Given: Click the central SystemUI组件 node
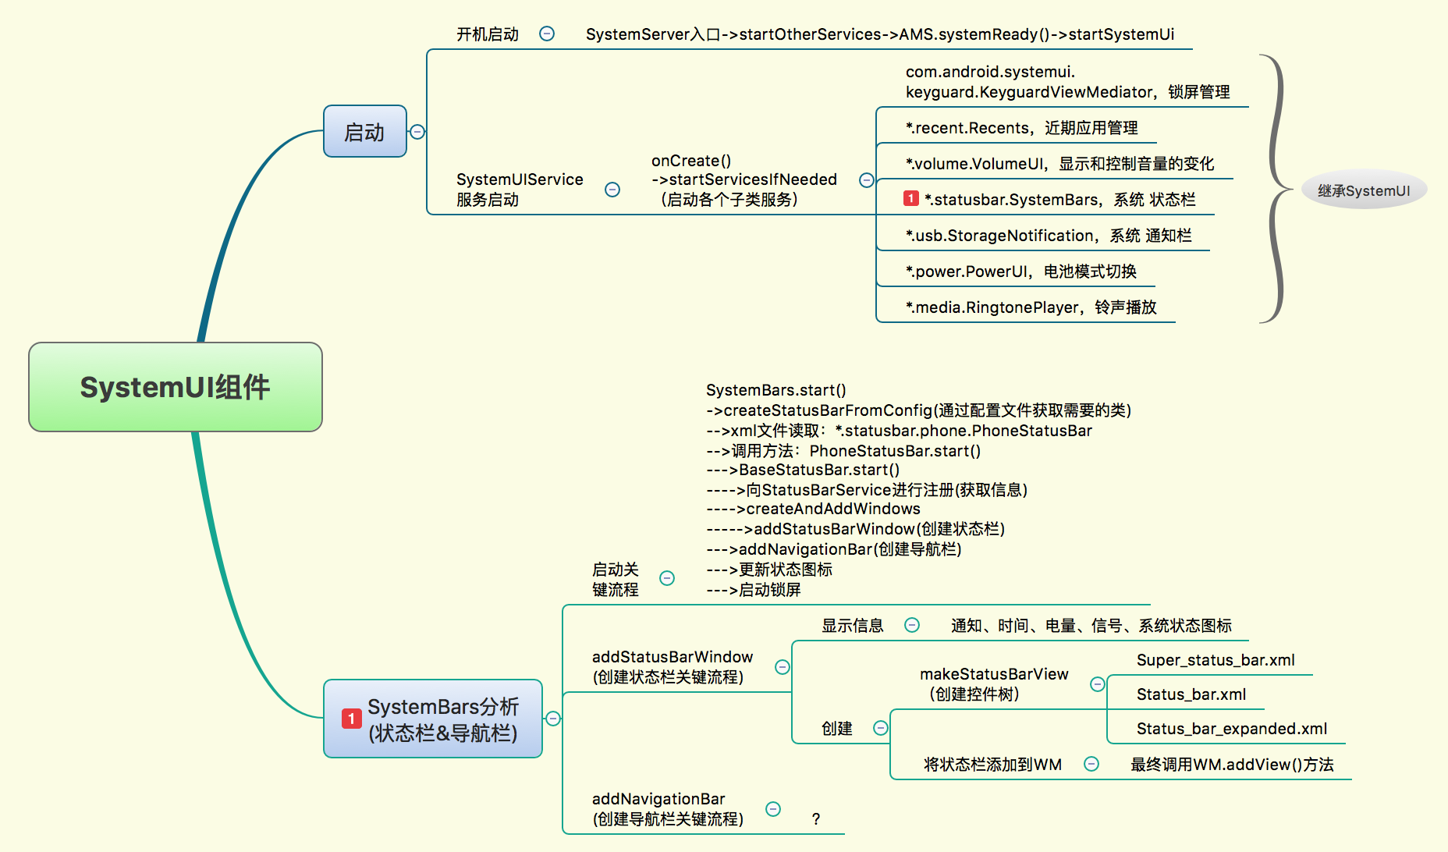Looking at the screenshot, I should pyautogui.click(x=176, y=387).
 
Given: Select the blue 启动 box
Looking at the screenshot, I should pyautogui.click(x=364, y=132).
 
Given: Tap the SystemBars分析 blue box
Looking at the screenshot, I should pyautogui.click(x=433, y=719).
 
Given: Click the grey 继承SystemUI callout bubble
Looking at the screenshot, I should pyautogui.click(x=1364, y=190).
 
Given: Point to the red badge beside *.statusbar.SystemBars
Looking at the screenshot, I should pyautogui.click(x=910, y=199).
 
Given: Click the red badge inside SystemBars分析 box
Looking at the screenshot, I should pyautogui.click(x=351, y=719).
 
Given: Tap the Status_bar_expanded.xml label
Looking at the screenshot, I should pyautogui.click(x=1231, y=729).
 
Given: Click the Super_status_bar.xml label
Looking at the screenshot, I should pyautogui.click(x=1216, y=660).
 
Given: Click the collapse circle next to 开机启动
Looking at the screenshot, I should pyautogui.click(x=547, y=34).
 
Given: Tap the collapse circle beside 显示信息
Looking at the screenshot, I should pyautogui.click(x=912, y=625).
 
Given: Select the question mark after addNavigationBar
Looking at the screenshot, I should pyautogui.click(x=816, y=819).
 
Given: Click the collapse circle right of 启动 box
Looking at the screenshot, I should pyautogui.click(x=417, y=132).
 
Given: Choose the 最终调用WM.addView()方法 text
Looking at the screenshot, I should pyautogui.click(x=1232, y=765).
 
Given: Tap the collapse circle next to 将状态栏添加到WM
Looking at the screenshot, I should pyautogui.click(x=1091, y=764).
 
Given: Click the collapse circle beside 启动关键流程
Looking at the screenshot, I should pyautogui.click(x=667, y=578).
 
